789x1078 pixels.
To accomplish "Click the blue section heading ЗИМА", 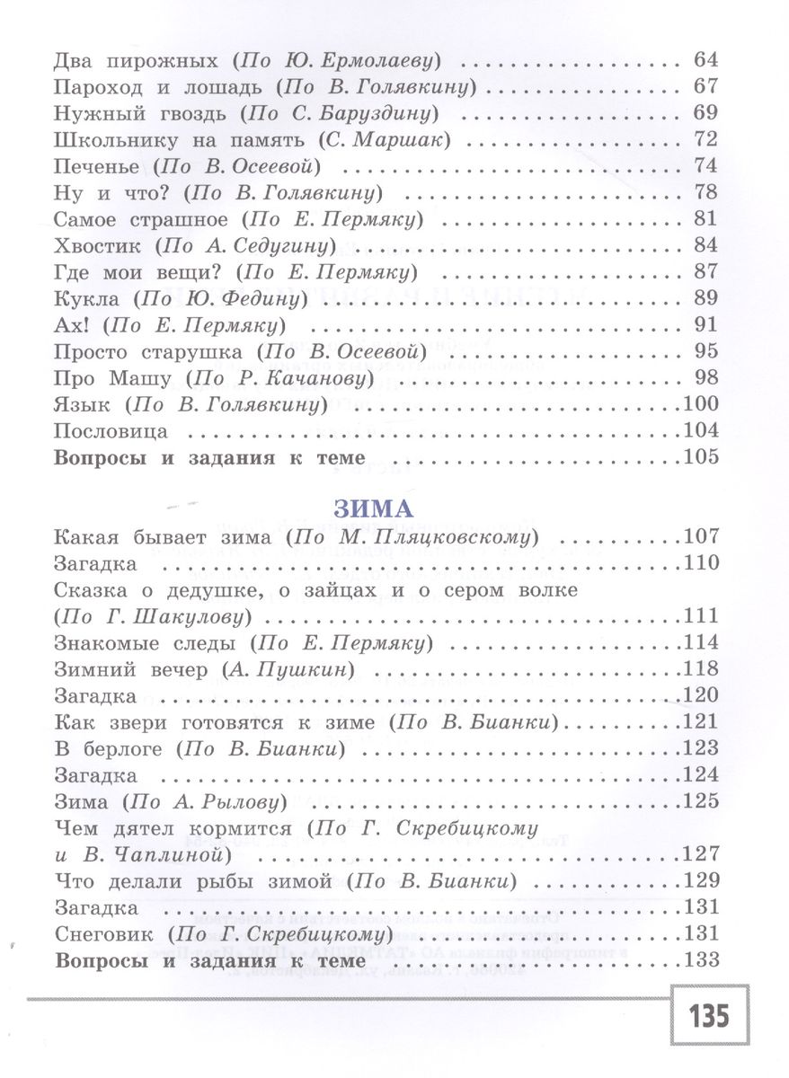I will (373, 508).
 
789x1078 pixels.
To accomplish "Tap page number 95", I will (707, 349).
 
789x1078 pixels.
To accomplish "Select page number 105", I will (702, 455).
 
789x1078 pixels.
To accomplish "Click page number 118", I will (702, 669).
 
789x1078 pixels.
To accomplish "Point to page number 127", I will (702, 853).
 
